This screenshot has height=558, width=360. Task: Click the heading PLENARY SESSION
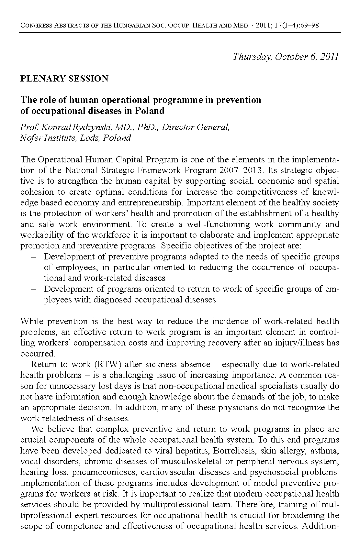tap(64, 79)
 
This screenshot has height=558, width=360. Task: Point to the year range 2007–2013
tap(237, 170)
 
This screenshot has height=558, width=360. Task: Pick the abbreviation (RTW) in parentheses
tap(107, 364)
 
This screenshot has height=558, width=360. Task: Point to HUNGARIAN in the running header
tap(130, 25)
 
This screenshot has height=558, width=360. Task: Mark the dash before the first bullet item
tap(33, 257)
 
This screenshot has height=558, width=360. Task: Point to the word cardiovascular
tap(168, 472)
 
